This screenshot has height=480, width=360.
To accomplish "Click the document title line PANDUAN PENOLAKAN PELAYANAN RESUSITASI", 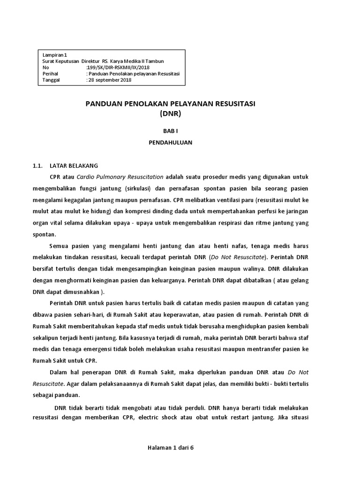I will (x=170, y=104).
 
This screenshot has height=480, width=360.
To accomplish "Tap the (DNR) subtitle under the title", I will (x=170, y=113).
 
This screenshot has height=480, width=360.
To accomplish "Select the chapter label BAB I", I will (x=170, y=133).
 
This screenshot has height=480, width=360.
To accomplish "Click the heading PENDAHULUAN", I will (x=170, y=143).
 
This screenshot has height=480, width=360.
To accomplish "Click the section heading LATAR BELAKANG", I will (x=74, y=166).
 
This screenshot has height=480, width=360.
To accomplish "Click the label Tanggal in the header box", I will (x=52, y=80).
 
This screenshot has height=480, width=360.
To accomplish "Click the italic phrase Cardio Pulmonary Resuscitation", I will (x=120, y=177).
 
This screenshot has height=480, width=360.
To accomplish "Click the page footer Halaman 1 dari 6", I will (x=170, y=447).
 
